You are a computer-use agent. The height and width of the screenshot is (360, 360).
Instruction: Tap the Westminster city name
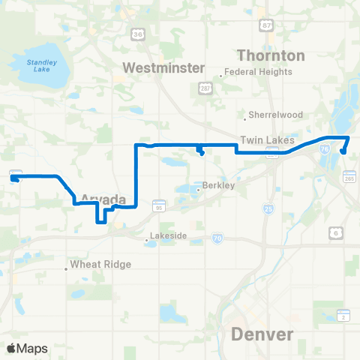point(163,67)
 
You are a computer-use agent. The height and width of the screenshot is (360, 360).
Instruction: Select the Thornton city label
point(271,55)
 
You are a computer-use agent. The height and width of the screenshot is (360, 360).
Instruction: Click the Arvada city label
point(100,199)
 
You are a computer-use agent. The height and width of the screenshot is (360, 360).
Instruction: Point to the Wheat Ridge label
point(100,265)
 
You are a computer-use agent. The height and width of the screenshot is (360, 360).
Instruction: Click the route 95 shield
point(159,205)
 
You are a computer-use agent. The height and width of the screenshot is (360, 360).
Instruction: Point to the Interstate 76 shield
point(323,149)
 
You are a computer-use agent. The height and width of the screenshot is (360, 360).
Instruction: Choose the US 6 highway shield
point(336,235)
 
